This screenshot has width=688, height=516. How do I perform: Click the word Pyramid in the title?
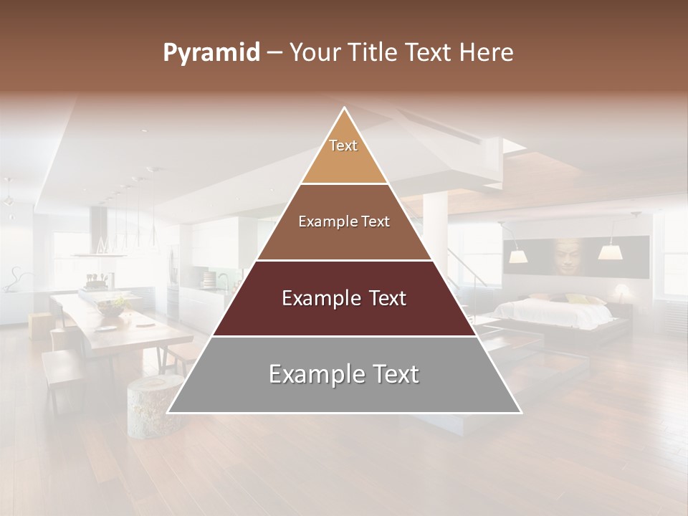[211, 53]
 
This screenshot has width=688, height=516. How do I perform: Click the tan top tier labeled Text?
[344, 154]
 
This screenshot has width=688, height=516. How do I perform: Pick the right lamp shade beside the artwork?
[609, 252]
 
